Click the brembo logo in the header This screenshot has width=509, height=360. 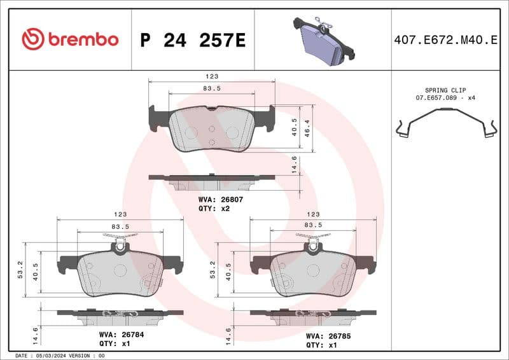coord(70,39)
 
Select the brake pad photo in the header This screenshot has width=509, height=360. coord(324,39)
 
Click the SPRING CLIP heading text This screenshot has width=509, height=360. coord(445,91)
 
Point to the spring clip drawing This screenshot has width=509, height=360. coord(445,123)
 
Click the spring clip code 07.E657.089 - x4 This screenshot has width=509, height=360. coord(445,99)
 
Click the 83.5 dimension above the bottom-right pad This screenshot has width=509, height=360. coord(313,225)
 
